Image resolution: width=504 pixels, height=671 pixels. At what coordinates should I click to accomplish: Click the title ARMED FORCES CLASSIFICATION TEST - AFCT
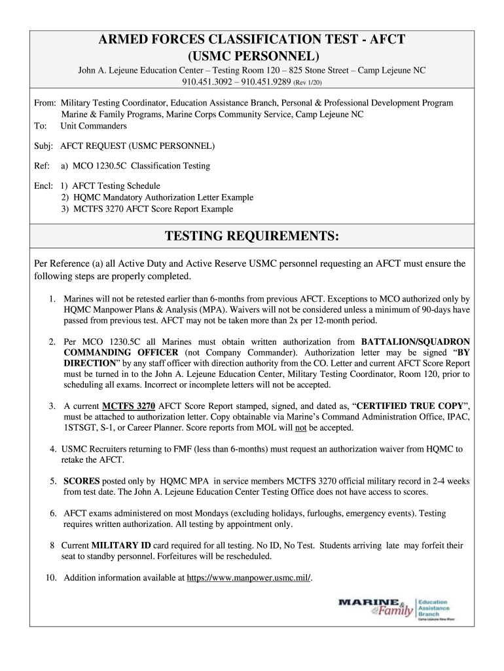(251, 40)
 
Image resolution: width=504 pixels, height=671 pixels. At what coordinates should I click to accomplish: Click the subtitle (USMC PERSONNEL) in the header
(251, 55)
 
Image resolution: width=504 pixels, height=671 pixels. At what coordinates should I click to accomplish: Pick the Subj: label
(44, 145)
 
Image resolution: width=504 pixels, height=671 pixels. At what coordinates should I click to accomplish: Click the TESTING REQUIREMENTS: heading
(251, 235)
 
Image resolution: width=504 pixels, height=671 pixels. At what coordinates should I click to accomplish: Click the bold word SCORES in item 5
(82, 481)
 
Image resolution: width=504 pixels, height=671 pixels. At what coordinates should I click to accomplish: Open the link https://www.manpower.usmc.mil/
(249, 577)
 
